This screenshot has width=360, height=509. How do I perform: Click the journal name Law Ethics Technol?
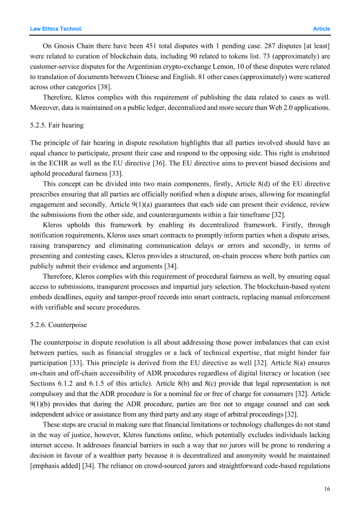pyautogui.click(x=56, y=29)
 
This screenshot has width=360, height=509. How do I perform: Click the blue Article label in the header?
pyautogui.click(x=321, y=29)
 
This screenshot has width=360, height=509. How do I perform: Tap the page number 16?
pyautogui.click(x=327, y=489)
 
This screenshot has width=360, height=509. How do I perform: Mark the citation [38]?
pyautogui.click(x=105, y=87)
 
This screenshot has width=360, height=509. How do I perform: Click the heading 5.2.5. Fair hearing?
pyautogui.click(x=57, y=125)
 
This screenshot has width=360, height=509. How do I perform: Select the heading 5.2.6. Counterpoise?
pyautogui.click(x=58, y=325)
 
